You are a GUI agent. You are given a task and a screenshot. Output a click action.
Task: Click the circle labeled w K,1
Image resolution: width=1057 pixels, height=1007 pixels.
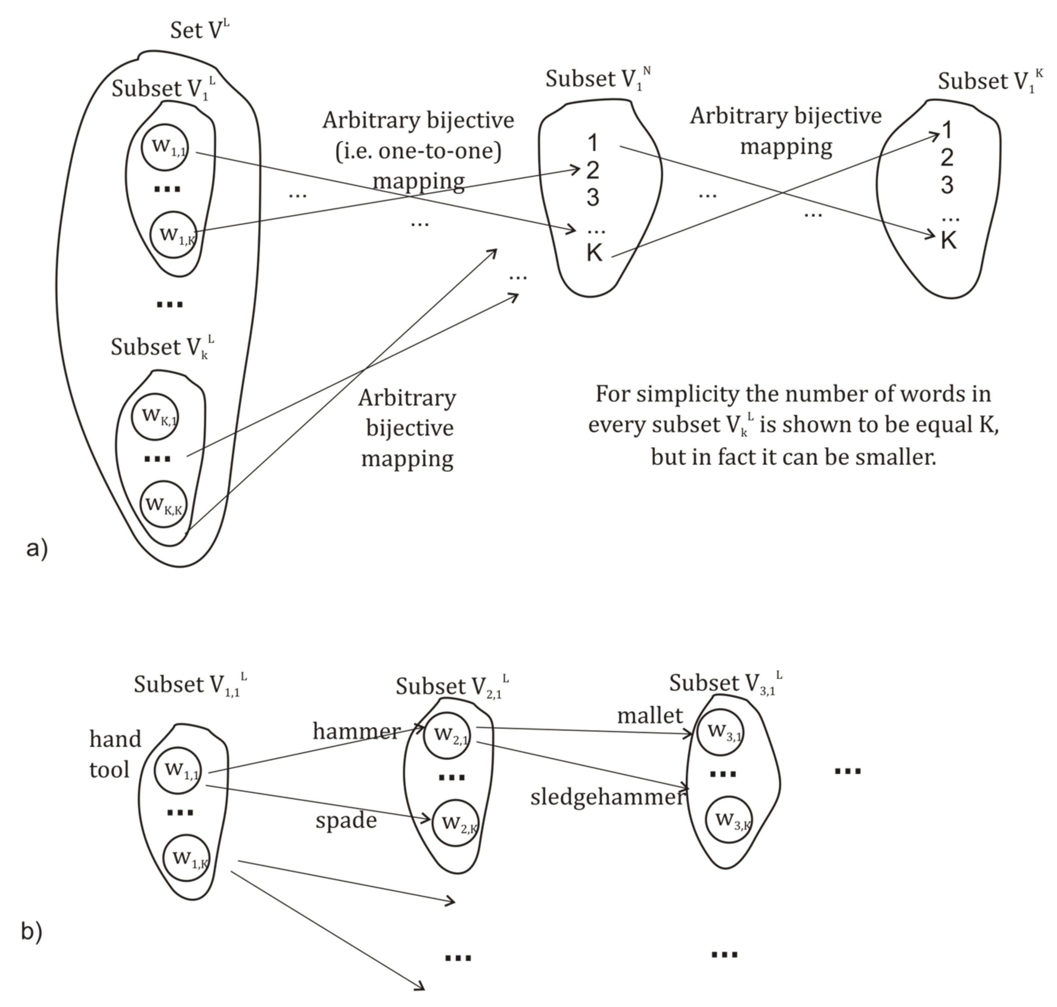(155, 417)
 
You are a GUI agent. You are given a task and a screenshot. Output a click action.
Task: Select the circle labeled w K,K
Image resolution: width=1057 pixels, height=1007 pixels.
(164, 504)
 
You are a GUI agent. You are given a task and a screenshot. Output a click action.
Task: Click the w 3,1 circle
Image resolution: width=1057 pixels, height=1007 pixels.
(720, 732)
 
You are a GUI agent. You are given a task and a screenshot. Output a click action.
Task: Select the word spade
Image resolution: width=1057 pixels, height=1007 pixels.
(346, 820)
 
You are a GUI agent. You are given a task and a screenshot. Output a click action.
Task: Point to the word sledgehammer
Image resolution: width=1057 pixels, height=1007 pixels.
(608, 797)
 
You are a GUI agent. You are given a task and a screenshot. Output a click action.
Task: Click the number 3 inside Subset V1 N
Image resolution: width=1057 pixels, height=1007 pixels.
(592, 197)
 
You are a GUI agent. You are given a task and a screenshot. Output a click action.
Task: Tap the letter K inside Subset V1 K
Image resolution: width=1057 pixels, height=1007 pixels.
(948, 241)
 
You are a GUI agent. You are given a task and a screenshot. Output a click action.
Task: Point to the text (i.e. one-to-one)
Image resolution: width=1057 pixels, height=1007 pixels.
(418, 151)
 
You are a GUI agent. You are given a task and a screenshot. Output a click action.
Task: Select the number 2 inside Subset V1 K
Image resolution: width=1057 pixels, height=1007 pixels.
(947, 157)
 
